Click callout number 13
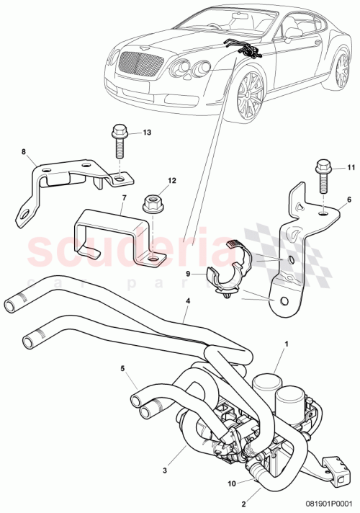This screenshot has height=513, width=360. (147, 133)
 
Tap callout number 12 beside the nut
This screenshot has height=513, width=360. (171, 180)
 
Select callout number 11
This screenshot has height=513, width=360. (351, 168)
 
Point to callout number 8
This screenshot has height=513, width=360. (23, 152)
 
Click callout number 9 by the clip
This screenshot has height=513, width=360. (189, 273)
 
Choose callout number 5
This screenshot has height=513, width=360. (123, 368)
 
